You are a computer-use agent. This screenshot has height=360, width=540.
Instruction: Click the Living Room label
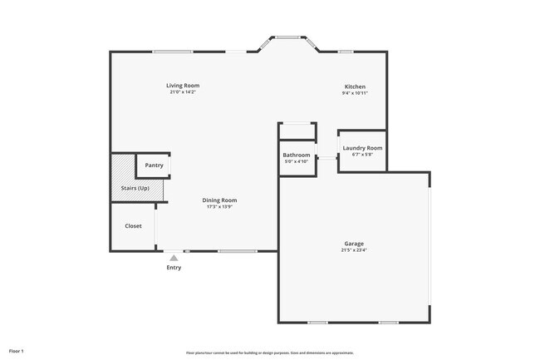(x=183, y=86)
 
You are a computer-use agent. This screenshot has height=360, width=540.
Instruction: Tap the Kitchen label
(x=355, y=86)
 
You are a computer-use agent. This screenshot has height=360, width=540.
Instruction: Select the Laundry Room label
(x=362, y=148)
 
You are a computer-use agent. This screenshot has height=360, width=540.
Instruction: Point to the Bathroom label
(x=297, y=155)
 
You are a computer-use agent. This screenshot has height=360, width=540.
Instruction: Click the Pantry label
(x=154, y=165)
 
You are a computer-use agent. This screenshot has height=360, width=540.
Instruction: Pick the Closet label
(x=133, y=226)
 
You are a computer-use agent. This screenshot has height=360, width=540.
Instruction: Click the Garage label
(x=354, y=244)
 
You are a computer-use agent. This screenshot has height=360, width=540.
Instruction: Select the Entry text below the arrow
(x=174, y=267)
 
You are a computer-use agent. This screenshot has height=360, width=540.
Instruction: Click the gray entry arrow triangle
(x=174, y=258)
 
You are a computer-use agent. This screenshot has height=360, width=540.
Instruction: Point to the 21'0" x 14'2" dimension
(x=183, y=92)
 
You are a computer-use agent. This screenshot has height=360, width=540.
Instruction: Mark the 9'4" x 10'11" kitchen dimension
(x=355, y=93)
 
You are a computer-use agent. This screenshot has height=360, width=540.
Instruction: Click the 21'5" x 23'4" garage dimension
(x=354, y=250)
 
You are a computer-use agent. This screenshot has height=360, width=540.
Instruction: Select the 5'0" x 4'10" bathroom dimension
(x=297, y=161)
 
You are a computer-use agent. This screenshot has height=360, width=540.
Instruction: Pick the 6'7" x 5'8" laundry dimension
(x=362, y=154)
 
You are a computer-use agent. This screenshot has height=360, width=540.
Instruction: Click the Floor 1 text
(x=17, y=340)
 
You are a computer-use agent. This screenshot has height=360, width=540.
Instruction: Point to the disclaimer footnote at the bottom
(x=270, y=353)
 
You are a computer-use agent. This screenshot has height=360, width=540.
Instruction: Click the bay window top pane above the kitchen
(x=287, y=37)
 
